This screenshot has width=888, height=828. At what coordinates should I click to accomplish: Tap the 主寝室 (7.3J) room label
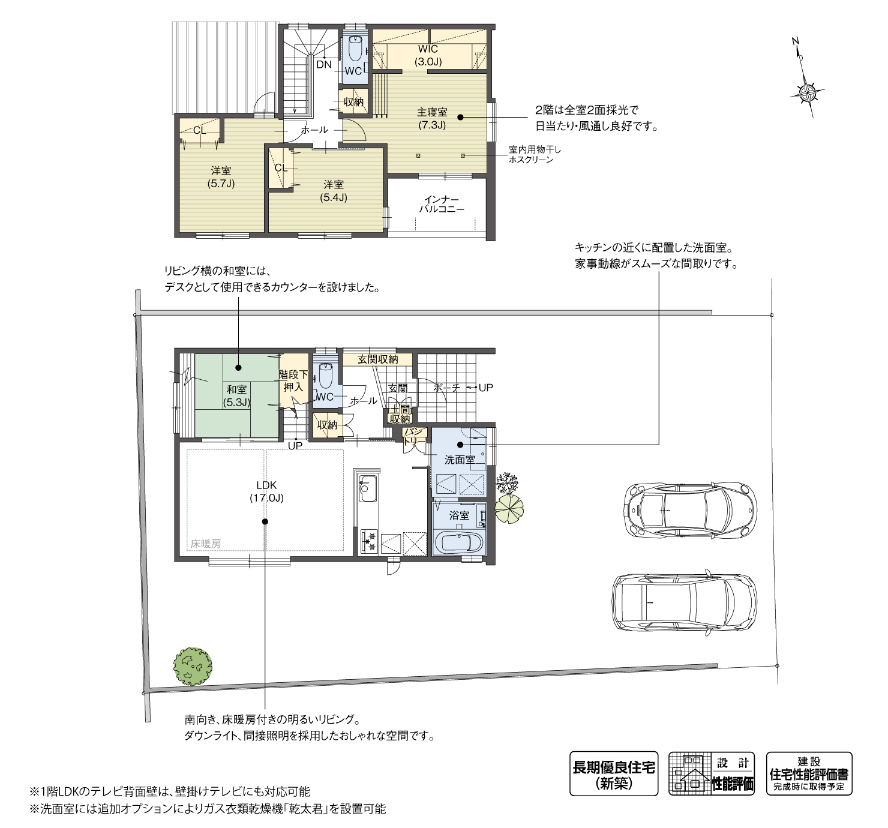click(x=432, y=118)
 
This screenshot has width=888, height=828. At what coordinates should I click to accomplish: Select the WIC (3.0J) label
click(x=428, y=55)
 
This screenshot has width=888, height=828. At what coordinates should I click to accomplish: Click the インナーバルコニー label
click(x=442, y=204)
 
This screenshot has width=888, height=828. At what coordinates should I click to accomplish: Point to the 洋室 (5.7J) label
click(x=221, y=176)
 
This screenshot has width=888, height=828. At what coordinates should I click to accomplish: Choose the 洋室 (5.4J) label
click(x=334, y=191)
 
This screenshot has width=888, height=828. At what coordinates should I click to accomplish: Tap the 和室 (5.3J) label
click(x=236, y=396)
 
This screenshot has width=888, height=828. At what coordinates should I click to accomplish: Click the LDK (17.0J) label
click(x=266, y=491)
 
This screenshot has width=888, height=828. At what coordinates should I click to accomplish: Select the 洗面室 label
click(x=459, y=460)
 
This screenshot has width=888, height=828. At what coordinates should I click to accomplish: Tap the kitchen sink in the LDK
click(x=367, y=490)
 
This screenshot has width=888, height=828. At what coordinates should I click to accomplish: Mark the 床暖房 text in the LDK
click(x=206, y=544)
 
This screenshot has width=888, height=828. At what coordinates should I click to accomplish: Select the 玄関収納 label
click(x=378, y=359)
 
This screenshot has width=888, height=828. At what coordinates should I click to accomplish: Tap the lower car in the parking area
click(x=685, y=602)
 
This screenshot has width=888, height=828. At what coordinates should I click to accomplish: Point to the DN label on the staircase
click(x=324, y=64)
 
